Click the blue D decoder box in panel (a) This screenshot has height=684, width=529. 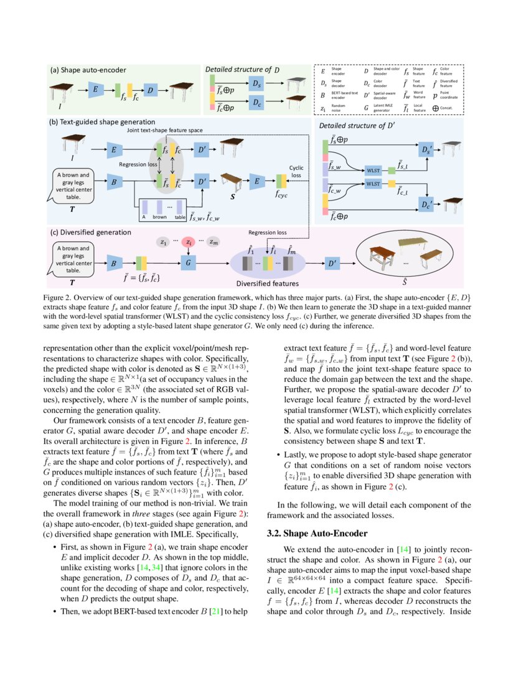point(151,91)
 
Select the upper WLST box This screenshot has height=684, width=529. point(373,169)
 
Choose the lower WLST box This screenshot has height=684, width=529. point(373,184)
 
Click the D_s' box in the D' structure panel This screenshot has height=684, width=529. point(426,150)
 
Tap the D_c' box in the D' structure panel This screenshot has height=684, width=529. point(426,203)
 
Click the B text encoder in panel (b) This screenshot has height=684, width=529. point(114,183)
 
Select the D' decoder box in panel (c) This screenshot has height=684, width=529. point(333,263)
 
